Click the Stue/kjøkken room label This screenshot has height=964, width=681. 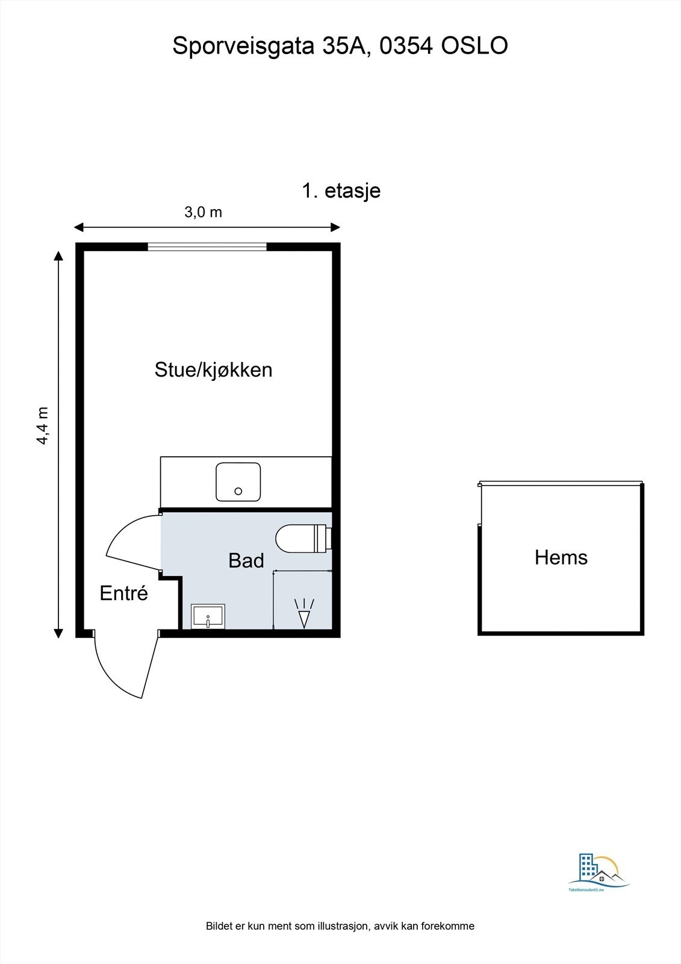[x=213, y=369]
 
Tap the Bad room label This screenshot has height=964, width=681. [x=246, y=560]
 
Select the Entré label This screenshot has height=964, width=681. [x=123, y=593]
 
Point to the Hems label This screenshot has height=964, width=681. [x=561, y=557]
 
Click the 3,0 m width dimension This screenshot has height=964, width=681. [x=203, y=212]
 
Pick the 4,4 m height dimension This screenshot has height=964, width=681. [x=42, y=425]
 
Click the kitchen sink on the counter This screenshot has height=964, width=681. [x=238, y=481]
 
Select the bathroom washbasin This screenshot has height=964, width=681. [x=208, y=616]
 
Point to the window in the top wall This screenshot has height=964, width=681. [x=207, y=246]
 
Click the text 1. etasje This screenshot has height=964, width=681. [x=341, y=190]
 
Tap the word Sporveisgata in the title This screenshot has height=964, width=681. [x=243, y=46]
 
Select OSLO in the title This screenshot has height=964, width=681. [x=474, y=46]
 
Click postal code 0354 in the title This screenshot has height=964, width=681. [x=406, y=46]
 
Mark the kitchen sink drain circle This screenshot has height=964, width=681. [x=238, y=492]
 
